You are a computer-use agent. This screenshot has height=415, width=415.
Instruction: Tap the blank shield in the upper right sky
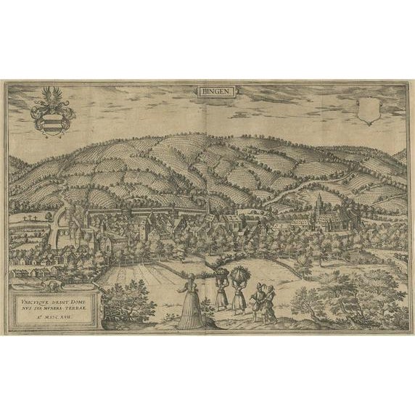pyautogui.click(x=367, y=110)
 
